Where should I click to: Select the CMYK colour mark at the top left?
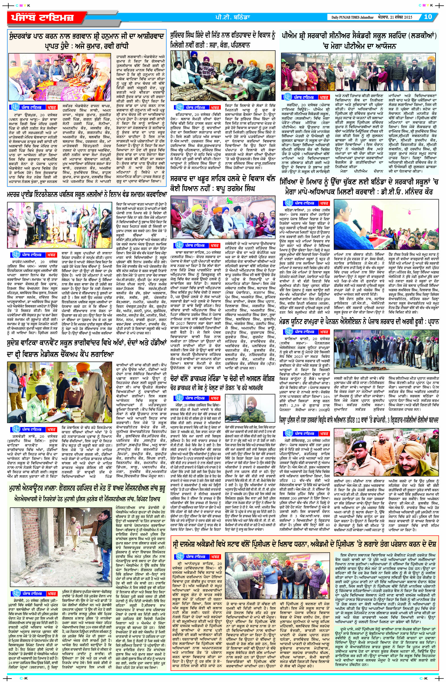(23, 5)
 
